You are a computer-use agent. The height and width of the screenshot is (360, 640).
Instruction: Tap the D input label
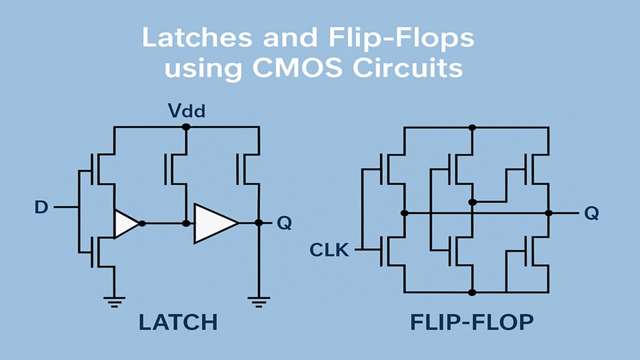[41, 207]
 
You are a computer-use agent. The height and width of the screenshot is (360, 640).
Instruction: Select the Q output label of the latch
[284, 223]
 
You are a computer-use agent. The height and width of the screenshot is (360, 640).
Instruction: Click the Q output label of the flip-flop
[591, 213]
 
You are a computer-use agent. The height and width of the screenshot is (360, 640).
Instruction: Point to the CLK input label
[329, 249]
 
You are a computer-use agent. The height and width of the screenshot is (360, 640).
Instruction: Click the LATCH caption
[178, 322]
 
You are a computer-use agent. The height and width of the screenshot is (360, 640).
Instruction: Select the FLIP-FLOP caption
[471, 322]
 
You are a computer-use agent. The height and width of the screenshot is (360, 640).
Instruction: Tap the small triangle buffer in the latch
[125, 223]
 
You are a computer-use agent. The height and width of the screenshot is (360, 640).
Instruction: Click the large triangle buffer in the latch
[214, 223]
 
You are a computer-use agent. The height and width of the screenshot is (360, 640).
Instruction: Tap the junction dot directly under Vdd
[186, 127]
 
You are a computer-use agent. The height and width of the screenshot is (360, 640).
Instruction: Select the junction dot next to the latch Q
[258, 222]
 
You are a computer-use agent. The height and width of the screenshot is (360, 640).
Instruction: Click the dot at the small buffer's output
[142, 223]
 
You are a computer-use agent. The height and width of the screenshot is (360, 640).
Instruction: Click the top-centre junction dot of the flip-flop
[472, 127]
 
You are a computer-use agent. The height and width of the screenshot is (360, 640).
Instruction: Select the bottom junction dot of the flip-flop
[472, 292]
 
